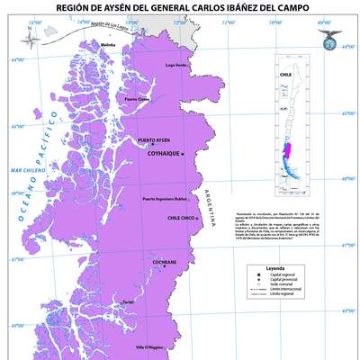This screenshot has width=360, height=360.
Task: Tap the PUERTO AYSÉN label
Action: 154,141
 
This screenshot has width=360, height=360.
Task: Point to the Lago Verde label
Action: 176,65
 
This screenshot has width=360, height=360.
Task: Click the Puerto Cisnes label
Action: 138,99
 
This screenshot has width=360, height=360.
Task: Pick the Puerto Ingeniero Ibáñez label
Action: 165,198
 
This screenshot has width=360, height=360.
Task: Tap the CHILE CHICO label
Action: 181,218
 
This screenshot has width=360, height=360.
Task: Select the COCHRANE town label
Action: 165,262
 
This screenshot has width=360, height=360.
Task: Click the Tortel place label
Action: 127,301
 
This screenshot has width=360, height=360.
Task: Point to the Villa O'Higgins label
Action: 148,346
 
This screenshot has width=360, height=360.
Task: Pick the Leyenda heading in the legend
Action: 274,268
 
